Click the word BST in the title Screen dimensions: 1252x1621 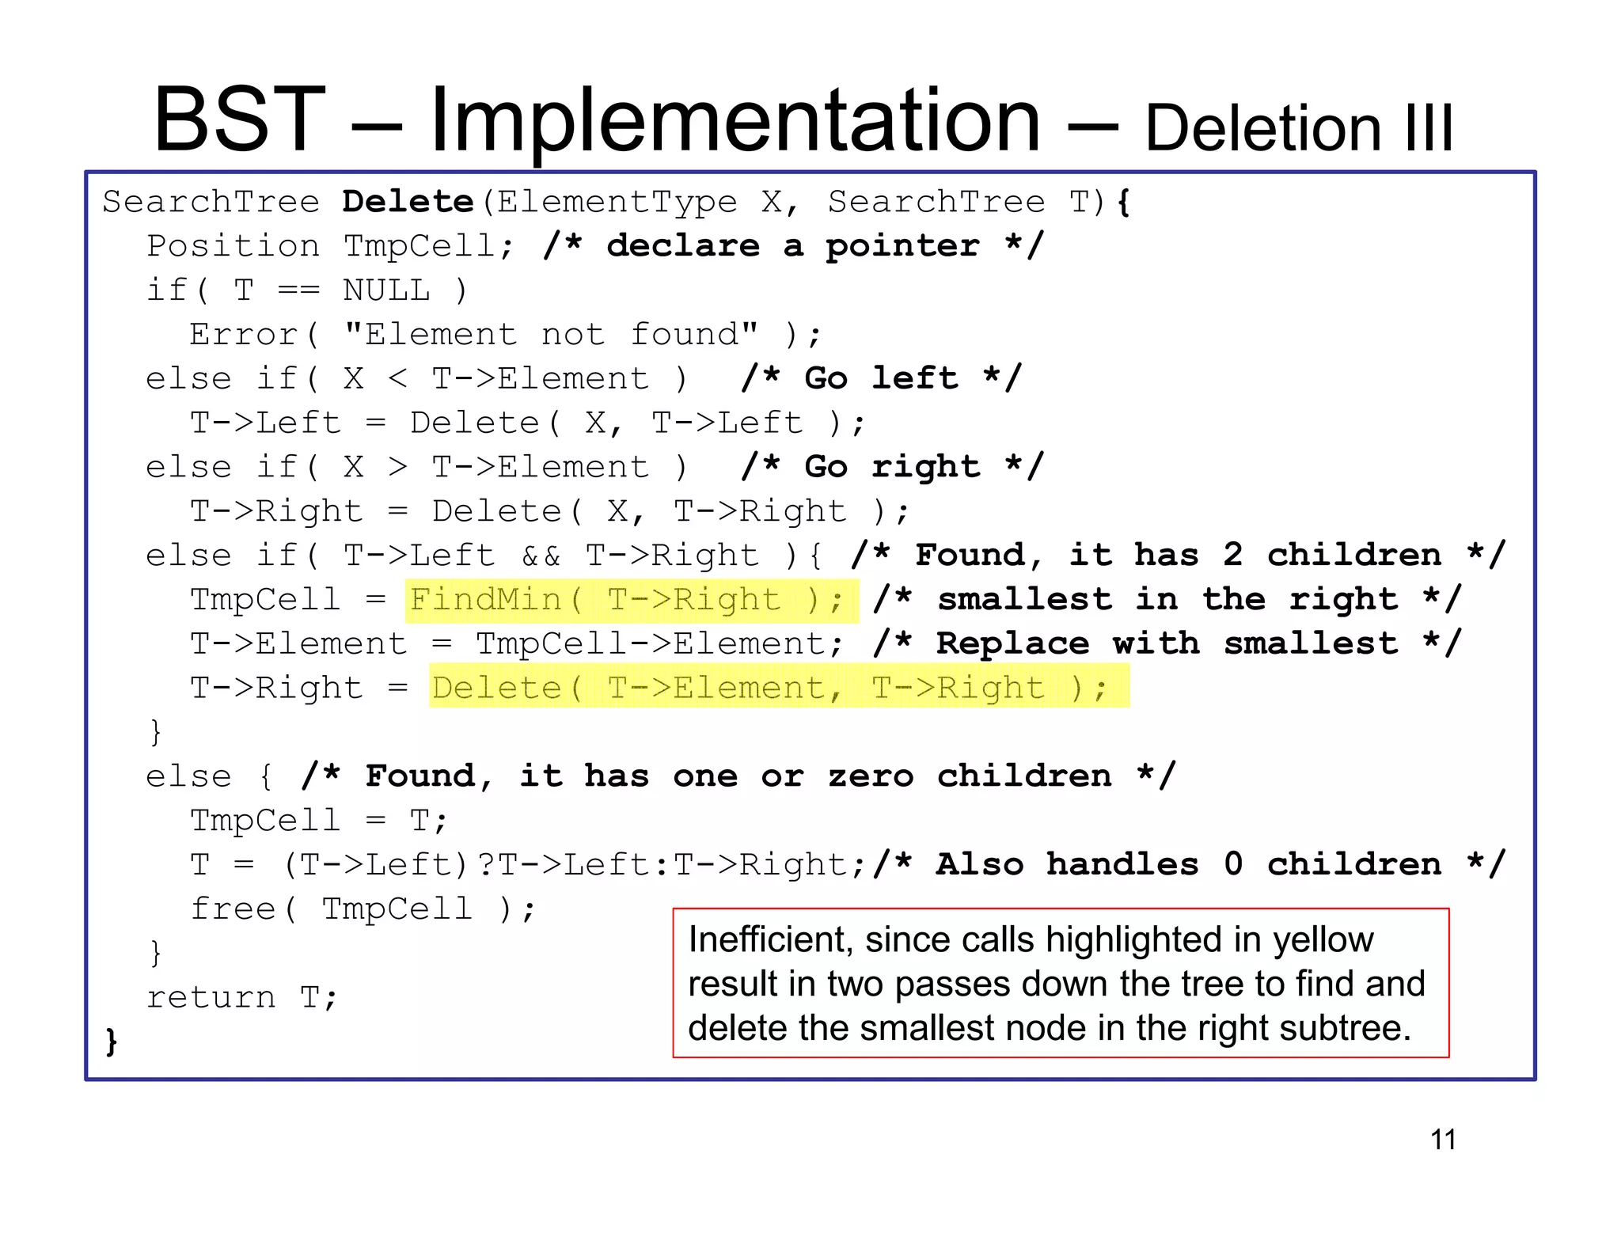(x=240, y=120)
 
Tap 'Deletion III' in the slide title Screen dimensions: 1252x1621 (x=1299, y=128)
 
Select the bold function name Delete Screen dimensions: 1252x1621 (x=408, y=203)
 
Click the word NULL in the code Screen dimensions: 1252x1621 (x=386, y=291)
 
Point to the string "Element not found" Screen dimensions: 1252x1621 (x=551, y=335)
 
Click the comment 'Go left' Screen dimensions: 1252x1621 (x=881, y=378)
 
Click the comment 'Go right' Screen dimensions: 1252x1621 (x=892, y=467)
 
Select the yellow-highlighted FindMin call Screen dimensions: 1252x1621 (x=631, y=600)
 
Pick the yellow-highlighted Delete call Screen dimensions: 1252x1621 (x=778, y=688)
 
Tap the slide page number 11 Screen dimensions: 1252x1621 (x=1443, y=1140)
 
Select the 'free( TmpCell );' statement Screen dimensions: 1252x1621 (x=363, y=909)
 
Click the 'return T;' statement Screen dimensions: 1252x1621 (x=242, y=997)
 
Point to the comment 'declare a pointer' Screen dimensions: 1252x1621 (x=793, y=246)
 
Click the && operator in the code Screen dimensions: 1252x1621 (x=541, y=556)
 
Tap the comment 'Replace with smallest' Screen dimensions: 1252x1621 (x=1167, y=643)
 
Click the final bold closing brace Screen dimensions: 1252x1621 (x=112, y=1041)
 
